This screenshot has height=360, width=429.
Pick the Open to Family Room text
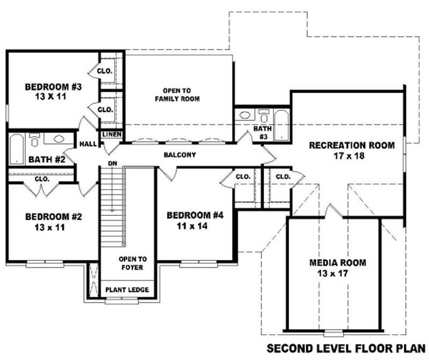pyautogui.click(x=177, y=95)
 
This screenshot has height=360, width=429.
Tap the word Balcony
pyautogui.click(x=180, y=155)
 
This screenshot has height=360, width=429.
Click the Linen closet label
pyautogui.click(x=112, y=134)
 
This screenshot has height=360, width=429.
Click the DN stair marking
pyautogui.click(x=112, y=163)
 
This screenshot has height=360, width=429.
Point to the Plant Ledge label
pyautogui.click(x=127, y=290)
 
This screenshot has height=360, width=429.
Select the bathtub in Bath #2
pyautogui.click(x=17, y=148)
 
